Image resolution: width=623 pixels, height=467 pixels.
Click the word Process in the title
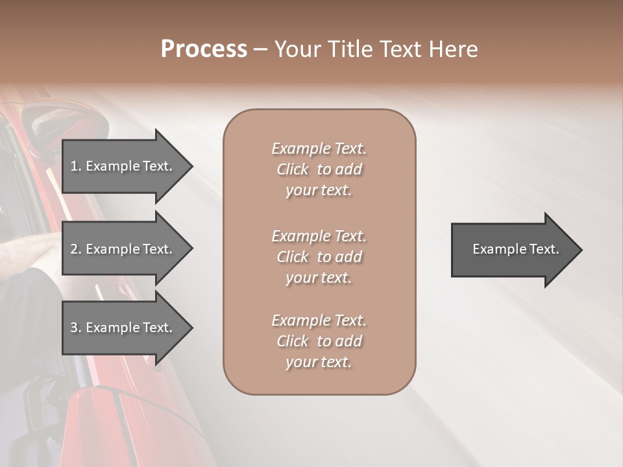pos(204,49)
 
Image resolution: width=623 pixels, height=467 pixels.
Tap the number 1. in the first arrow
pos(76,166)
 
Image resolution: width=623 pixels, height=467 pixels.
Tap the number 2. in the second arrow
pos(76,249)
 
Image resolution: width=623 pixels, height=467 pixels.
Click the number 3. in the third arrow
pos(76,328)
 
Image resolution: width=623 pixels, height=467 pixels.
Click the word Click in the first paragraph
pos(293,170)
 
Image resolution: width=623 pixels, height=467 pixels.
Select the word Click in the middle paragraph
pos(293,257)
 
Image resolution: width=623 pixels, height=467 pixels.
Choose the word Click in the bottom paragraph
pos(293,342)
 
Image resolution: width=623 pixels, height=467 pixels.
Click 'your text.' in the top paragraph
pos(318,191)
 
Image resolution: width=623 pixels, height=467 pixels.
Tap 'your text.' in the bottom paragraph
pos(318,363)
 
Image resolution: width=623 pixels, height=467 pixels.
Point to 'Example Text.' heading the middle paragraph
pos(319,236)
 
